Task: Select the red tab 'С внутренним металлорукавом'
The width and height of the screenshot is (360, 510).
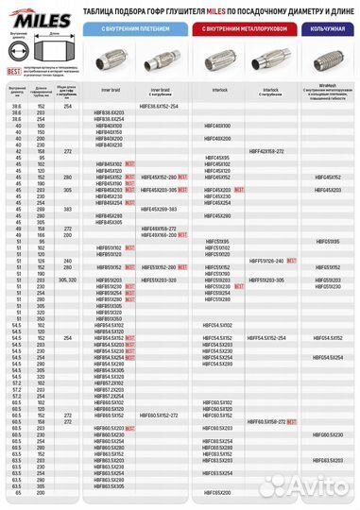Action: [x=243, y=29]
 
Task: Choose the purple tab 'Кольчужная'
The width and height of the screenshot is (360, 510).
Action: [x=323, y=29]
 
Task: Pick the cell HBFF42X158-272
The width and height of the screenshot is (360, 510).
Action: [x=266, y=150]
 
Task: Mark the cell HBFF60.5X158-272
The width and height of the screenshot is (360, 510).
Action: [x=266, y=421]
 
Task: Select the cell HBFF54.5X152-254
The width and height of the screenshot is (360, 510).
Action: [x=266, y=337]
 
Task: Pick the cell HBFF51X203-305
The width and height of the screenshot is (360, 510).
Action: [x=266, y=280]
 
